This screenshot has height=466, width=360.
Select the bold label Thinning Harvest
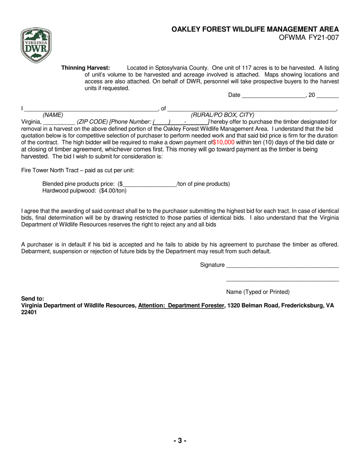(86, 68)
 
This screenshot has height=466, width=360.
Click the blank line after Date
(273, 95)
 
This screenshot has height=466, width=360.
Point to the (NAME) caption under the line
(53, 115)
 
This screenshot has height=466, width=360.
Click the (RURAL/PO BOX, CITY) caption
(222, 115)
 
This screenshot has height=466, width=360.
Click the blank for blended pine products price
(150, 185)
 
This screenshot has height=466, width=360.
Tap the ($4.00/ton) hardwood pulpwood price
(113, 191)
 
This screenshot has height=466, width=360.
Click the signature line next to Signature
(282, 266)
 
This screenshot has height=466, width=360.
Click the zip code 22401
(29, 313)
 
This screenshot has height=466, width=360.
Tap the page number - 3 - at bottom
(180, 441)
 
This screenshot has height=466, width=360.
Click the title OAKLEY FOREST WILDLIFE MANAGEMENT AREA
(255, 29)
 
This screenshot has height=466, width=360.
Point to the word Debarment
(36, 251)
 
